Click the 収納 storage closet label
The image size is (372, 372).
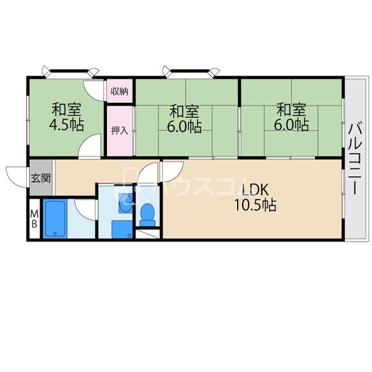120,91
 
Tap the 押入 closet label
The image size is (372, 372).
120,130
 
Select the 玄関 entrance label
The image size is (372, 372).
41,178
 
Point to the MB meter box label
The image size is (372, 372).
35,219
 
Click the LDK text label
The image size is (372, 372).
255,190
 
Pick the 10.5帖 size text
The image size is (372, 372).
255,205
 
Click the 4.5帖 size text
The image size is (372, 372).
66,125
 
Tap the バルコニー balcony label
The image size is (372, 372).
355,159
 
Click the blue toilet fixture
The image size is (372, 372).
147,214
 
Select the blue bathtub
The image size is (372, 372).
55,219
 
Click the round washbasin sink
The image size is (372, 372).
126,203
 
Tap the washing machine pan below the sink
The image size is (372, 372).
122,230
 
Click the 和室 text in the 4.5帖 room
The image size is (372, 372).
67,110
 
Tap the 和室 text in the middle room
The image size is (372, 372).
184,111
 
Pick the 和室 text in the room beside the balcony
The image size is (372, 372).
292,110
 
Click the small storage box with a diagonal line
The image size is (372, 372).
148,234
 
